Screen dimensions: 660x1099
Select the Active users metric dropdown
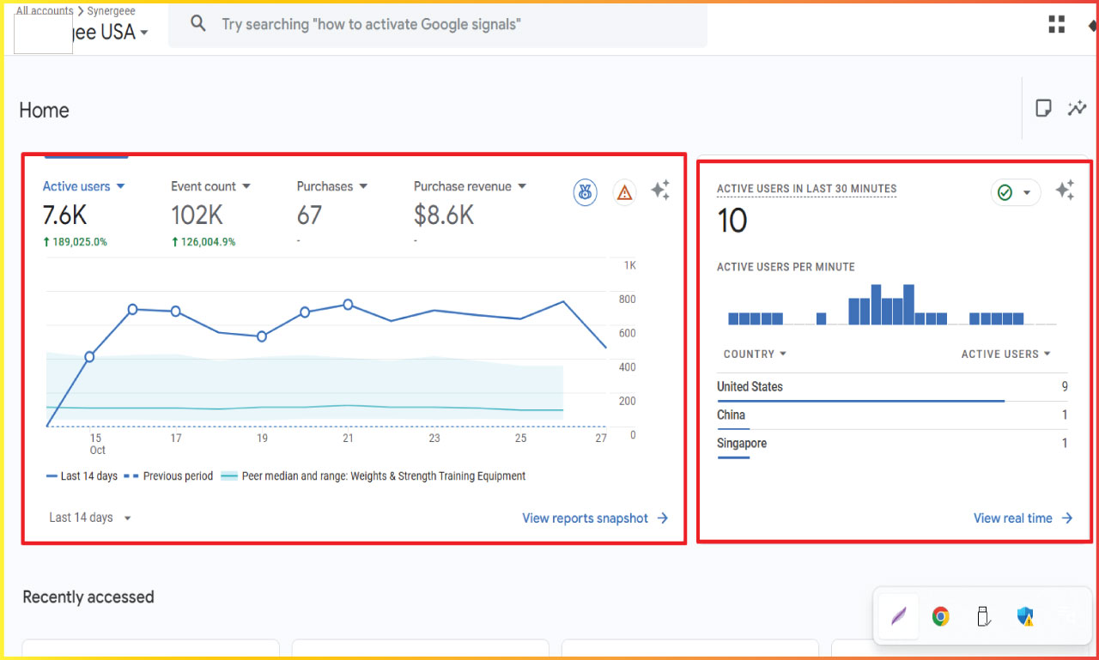(84, 186)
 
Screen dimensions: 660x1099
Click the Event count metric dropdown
(210, 186)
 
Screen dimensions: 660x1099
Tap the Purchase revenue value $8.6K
(444, 215)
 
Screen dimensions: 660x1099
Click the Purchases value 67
(309, 215)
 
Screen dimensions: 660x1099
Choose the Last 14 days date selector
(90, 518)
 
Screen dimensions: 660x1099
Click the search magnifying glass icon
(198, 24)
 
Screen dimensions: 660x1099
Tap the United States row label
(750, 387)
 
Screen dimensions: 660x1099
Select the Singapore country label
(742, 444)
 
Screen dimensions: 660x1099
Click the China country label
(731, 415)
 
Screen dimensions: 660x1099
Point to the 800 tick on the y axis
(627, 300)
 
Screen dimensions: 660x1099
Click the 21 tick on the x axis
(348, 438)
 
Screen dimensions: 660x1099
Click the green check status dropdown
(1015, 192)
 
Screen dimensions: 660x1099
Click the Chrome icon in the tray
(941, 616)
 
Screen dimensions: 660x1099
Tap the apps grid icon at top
(1056, 25)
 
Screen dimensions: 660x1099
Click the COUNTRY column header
(755, 354)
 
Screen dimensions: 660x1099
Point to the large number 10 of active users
(732, 221)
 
